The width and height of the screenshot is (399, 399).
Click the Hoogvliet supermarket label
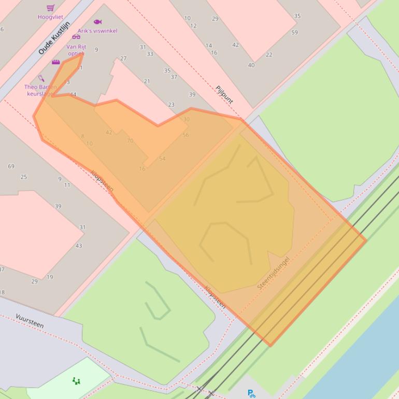tap(50, 17)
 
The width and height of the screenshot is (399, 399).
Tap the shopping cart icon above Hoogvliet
tap(50, 8)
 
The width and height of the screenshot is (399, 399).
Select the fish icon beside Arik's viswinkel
tap(97, 22)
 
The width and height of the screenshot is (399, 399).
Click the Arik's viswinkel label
tap(97, 31)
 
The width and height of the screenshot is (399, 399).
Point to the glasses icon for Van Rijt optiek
tap(76, 37)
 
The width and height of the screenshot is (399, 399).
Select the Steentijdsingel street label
tap(273, 273)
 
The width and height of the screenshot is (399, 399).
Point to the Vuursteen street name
tap(30, 321)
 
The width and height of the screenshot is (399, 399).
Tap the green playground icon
tap(76, 381)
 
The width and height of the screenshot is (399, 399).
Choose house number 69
tap(11, 166)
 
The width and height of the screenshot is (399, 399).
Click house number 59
tap(294, 33)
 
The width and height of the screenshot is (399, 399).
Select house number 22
tap(269, 55)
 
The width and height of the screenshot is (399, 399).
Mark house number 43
tap(79, 246)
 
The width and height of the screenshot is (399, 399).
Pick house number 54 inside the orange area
tap(162, 159)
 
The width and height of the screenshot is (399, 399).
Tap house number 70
tap(130, 140)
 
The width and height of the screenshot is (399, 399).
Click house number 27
tap(123, 59)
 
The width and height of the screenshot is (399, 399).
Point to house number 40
tap(251, 65)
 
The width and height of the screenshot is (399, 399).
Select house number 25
tap(23, 177)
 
